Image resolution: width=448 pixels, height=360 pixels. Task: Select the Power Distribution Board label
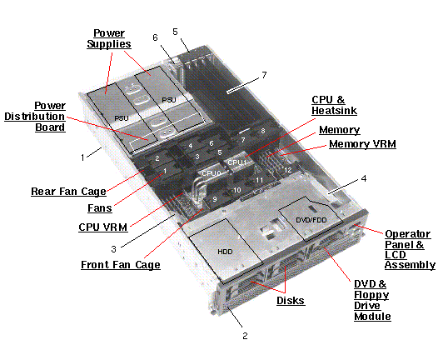pyautogui.click(x=49, y=117)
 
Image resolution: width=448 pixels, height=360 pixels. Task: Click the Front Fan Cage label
pyautogui.click(x=121, y=265)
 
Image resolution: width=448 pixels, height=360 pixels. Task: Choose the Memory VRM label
pyautogui.click(x=361, y=144)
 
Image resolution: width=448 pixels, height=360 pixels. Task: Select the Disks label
pyautogui.click(x=291, y=301)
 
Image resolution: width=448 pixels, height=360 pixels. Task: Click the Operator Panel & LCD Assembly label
pyautogui.click(x=410, y=248)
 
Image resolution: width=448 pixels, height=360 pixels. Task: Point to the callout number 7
pyautogui.click(x=264, y=75)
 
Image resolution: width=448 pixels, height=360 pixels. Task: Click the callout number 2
pyautogui.click(x=244, y=336)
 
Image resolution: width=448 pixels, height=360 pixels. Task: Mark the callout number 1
pyautogui.click(x=82, y=156)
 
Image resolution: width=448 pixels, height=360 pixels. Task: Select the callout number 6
pyautogui.click(x=155, y=37)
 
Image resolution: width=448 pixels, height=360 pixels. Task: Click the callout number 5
pyautogui.click(x=175, y=31)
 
